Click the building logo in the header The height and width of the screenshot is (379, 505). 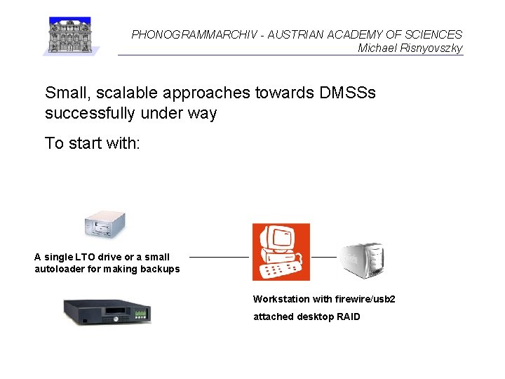[71, 35]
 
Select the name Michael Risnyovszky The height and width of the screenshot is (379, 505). [410, 48]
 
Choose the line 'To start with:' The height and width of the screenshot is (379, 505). [93, 143]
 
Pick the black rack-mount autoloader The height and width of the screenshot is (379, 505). [107, 311]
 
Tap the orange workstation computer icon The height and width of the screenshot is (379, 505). [281, 252]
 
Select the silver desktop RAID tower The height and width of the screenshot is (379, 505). [362, 259]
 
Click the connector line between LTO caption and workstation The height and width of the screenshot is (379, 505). [219, 257]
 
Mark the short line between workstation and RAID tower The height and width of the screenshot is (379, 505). [323, 257]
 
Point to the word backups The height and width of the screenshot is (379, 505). [161, 269]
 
